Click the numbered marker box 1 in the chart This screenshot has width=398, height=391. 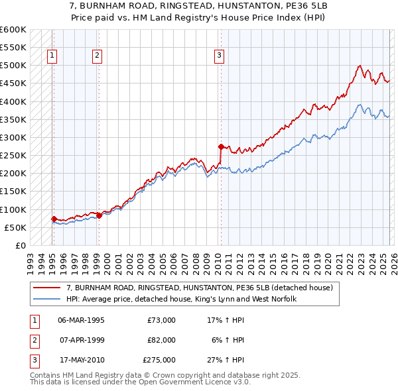[x=52, y=56]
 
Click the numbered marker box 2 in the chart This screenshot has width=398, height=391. [x=97, y=56]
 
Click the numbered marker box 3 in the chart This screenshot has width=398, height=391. [x=218, y=56]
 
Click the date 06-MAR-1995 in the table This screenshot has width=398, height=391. [x=81, y=320]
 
